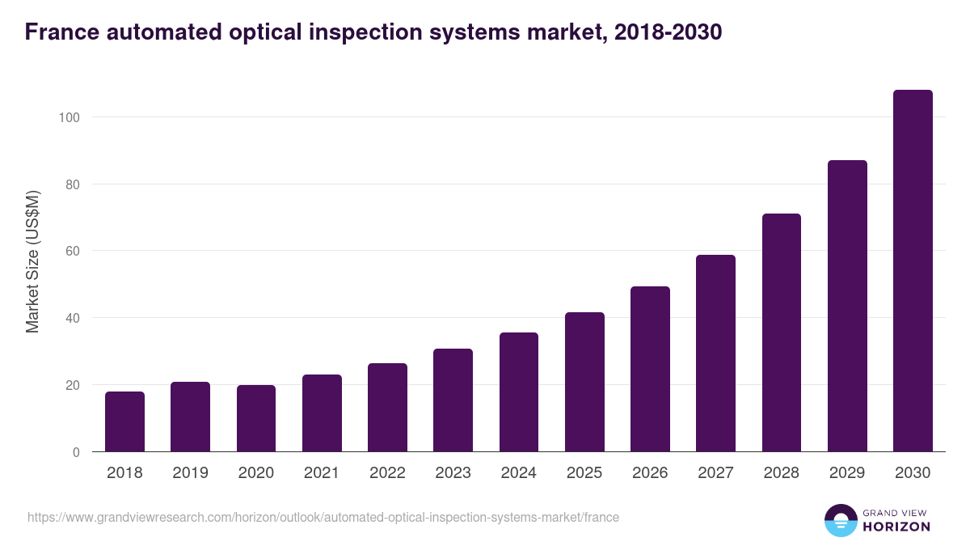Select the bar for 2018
[x=124, y=421]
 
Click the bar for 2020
[x=256, y=418]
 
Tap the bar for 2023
[x=453, y=400]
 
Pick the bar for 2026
[x=650, y=369]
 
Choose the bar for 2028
[x=781, y=332]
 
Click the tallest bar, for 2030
[x=913, y=271]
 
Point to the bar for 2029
[x=847, y=306]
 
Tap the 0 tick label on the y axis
[x=75, y=452]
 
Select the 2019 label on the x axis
[x=190, y=473]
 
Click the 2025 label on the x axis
[x=584, y=473]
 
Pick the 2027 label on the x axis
[x=715, y=473]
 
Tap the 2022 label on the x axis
[x=387, y=473]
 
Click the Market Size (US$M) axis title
[x=33, y=262]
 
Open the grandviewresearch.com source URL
[x=323, y=517]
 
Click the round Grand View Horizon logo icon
[x=840, y=521]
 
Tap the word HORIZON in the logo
[x=896, y=527]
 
